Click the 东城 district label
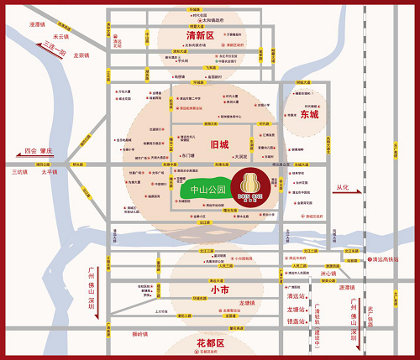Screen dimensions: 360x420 coord(309,115)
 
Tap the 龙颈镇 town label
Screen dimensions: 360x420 coord(81,55)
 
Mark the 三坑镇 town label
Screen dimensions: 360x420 coord(18,172)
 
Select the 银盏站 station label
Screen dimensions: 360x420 coord(296,321)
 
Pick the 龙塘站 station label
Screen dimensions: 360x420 coord(296,308)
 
